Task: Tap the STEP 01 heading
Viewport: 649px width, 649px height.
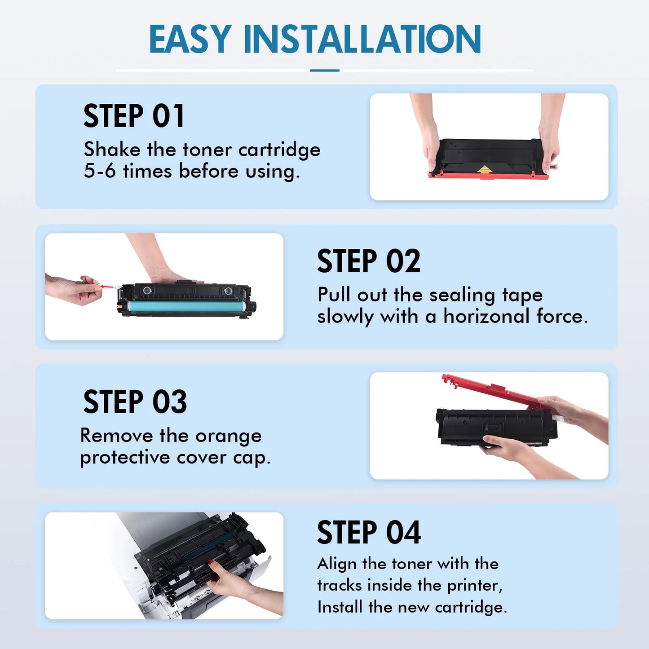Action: [134, 116]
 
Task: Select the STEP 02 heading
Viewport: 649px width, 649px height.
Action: [368, 261]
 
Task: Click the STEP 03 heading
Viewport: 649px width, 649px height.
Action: [135, 402]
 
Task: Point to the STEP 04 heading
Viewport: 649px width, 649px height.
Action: [368, 533]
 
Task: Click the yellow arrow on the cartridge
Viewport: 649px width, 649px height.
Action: [484, 169]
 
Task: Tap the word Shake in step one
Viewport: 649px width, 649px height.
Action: [112, 150]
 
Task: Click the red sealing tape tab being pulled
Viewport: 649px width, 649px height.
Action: [106, 286]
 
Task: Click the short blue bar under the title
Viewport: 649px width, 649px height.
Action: [324, 71]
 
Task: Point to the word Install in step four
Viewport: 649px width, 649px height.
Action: [340, 607]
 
